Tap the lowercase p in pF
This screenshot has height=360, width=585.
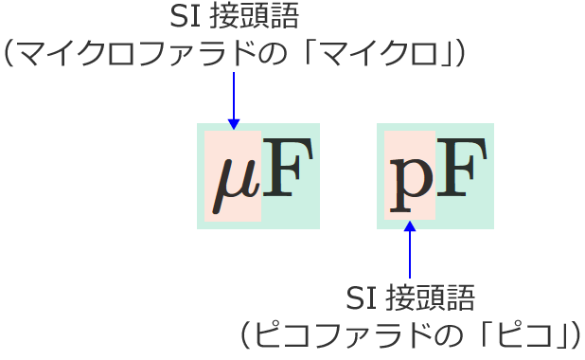coord(410,177)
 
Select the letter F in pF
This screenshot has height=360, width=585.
coord(462,171)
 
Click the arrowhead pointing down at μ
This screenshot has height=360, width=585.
coord(234,123)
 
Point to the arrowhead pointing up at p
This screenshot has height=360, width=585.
coord(410,227)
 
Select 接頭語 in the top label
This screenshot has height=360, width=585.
coord(244,16)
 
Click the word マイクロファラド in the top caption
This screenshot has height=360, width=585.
coord(133,52)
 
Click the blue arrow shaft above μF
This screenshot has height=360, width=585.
coord(234,95)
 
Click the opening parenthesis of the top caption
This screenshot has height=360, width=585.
coord(13,52)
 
